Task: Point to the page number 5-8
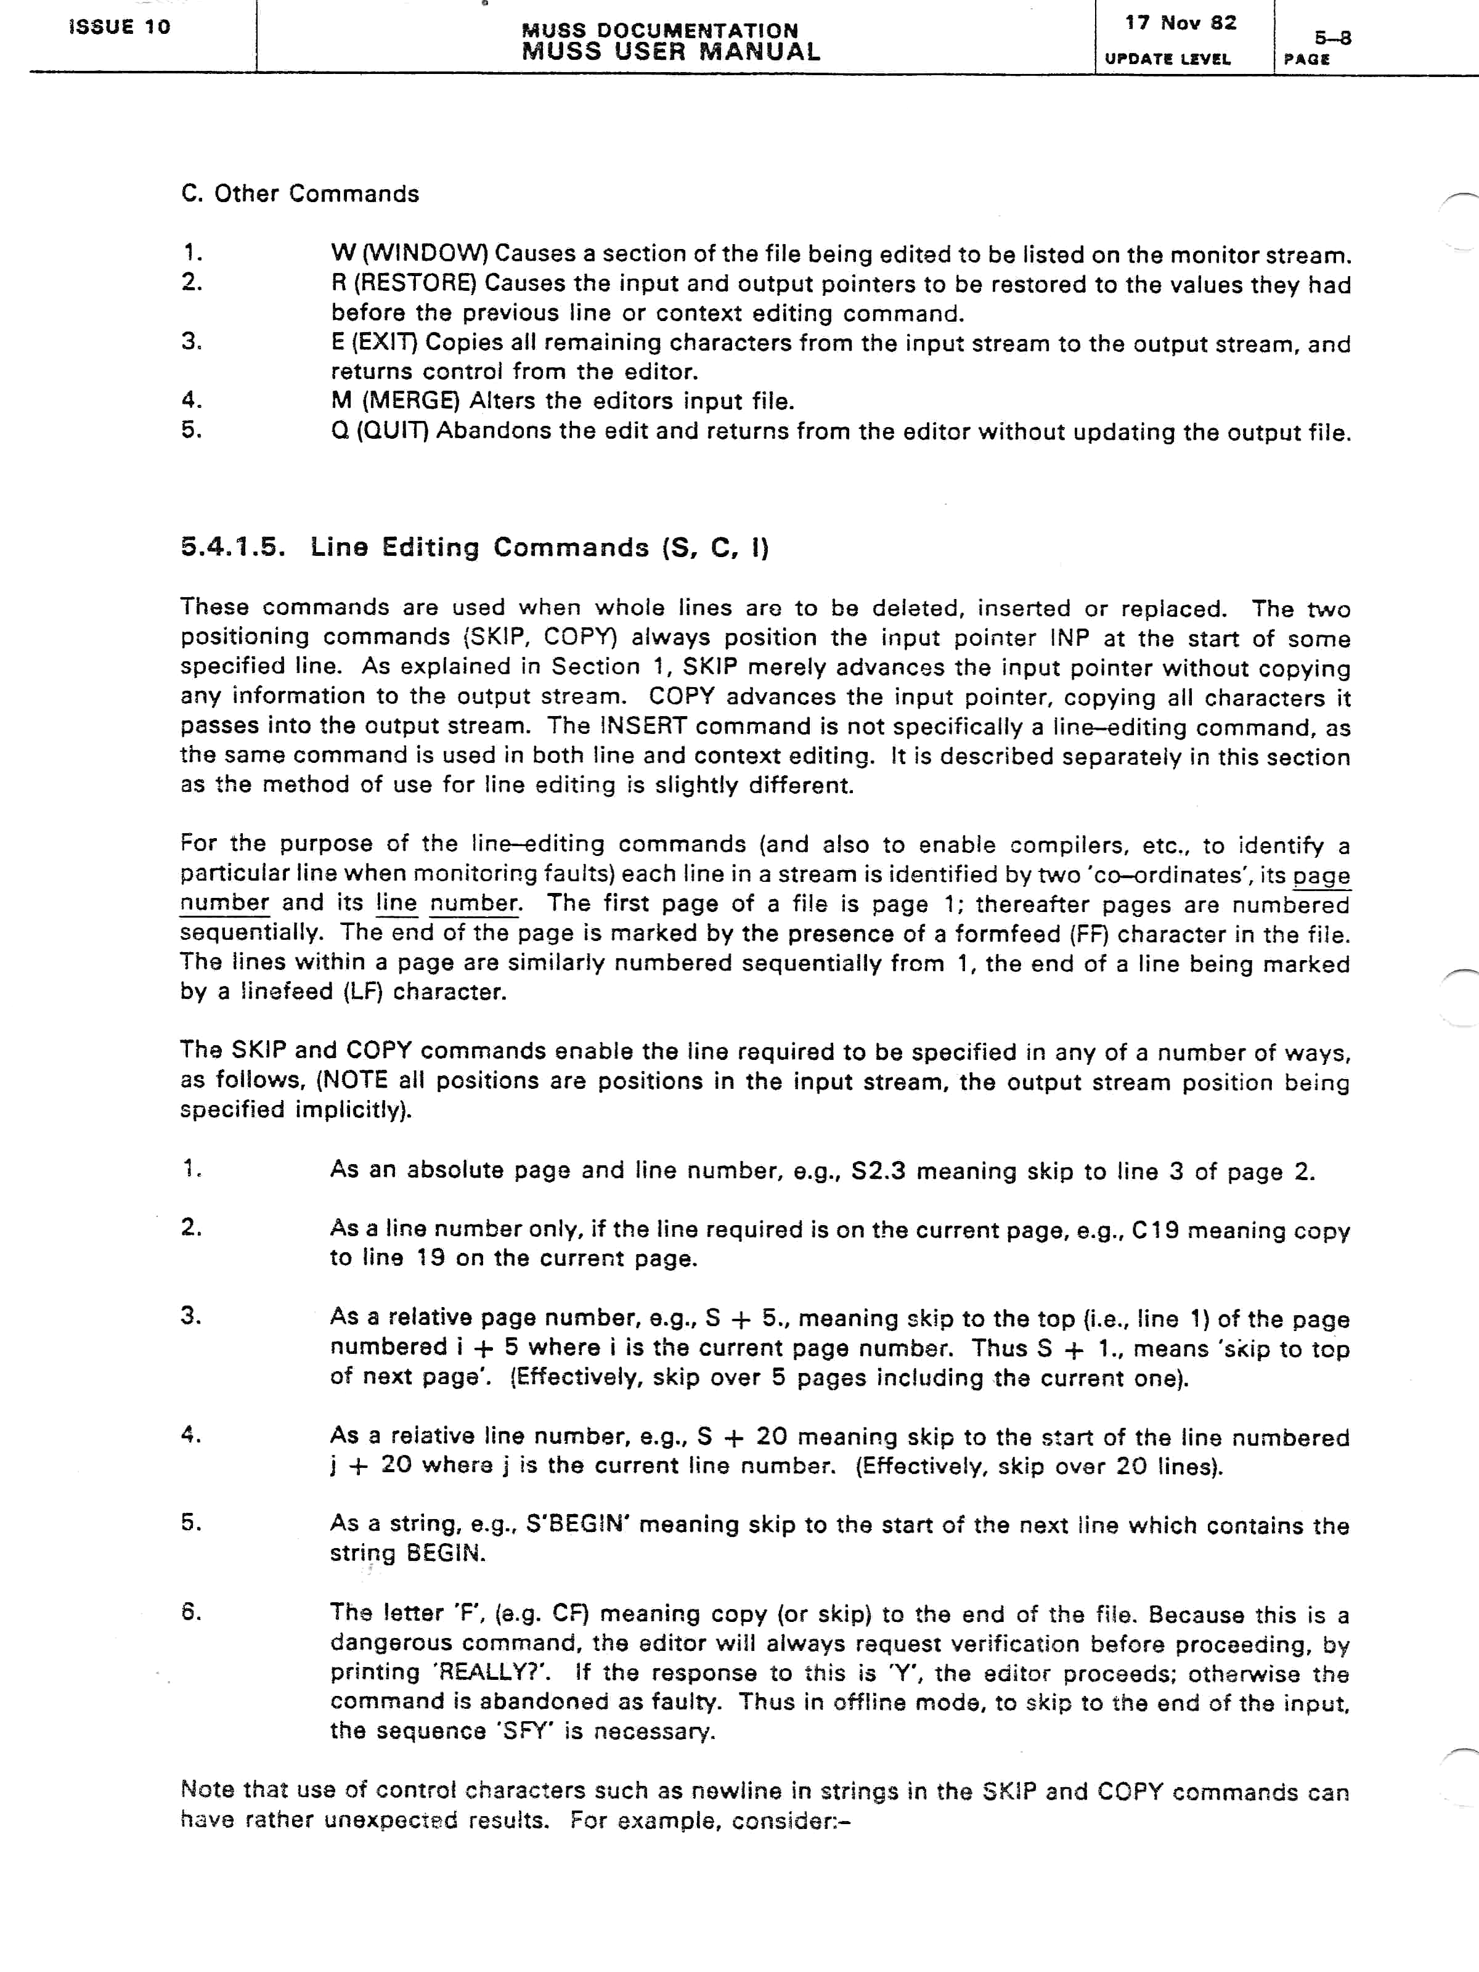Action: pos(1333,38)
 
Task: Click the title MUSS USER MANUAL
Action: pos(670,52)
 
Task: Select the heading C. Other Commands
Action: pos(299,194)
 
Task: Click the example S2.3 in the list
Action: pos(878,1170)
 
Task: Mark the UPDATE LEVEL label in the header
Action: pos(1167,59)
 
